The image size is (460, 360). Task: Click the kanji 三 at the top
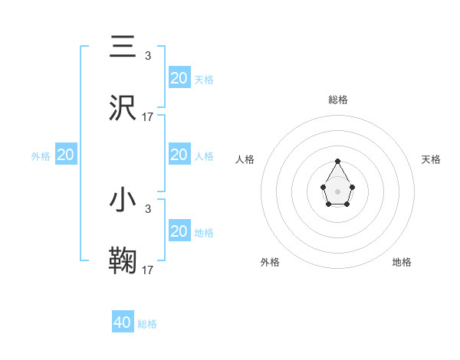click(x=123, y=47)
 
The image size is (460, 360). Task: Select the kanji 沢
click(x=123, y=107)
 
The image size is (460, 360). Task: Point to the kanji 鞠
click(x=123, y=260)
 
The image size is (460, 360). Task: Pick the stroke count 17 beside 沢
click(x=148, y=117)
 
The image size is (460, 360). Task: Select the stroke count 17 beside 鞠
click(x=148, y=270)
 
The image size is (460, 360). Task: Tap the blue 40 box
click(x=123, y=322)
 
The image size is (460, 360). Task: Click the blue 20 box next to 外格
click(x=66, y=155)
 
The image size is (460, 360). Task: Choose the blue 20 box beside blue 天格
click(x=179, y=77)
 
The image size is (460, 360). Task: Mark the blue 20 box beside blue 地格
click(x=179, y=231)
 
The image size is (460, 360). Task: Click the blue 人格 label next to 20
click(x=204, y=155)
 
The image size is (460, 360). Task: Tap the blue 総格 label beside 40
click(x=147, y=324)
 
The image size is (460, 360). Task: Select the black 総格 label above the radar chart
click(x=337, y=100)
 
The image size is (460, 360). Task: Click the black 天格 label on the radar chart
click(x=431, y=159)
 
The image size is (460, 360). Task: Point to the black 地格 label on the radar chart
click(x=402, y=262)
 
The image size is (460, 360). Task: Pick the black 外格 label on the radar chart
click(x=270, y=262)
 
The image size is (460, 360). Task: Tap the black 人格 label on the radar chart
click(x=245, y=159)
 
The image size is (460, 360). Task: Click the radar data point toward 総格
click(x=337, y=161)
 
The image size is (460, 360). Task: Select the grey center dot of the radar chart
click(x=337, y=191)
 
